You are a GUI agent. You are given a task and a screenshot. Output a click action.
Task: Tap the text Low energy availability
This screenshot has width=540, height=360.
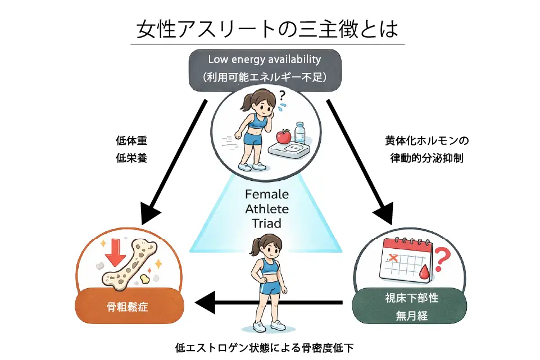coord(264,59)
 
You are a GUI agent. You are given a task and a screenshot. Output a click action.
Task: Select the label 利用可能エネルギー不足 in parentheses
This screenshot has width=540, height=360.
coord(264,77)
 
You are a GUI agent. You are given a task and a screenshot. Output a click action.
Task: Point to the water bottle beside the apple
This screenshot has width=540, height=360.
coord(300,133)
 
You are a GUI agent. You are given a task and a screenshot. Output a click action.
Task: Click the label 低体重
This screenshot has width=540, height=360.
coord(135,140)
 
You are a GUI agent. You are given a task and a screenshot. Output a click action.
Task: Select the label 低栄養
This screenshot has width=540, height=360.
coord(135,158)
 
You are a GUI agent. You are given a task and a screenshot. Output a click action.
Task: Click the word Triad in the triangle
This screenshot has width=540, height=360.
coord(267,222)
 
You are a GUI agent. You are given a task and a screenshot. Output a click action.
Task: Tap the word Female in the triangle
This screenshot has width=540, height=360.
coord(267,195)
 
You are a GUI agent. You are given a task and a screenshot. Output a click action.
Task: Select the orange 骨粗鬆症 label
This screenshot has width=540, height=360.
coord(128,307)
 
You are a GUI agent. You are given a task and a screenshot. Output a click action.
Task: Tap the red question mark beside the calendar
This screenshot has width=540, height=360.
coord(443,259)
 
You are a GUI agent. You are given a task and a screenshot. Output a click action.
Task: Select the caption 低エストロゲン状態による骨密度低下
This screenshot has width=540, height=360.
coord(264,348)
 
